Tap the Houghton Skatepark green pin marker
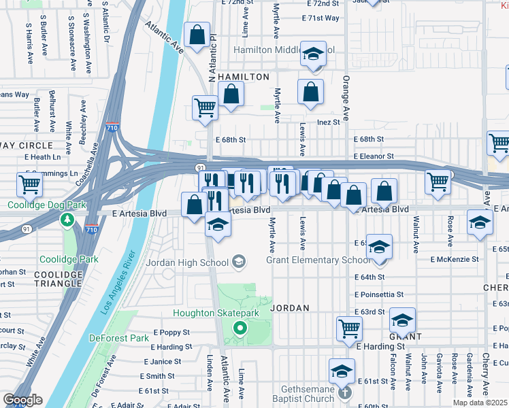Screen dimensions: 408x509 240,329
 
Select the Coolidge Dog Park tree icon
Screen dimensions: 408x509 67,220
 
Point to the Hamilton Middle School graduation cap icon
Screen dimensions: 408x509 313,54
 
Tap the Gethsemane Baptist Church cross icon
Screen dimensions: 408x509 345,392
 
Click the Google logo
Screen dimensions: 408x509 22,400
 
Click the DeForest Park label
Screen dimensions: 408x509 119,338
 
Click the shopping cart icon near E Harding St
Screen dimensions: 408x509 349,328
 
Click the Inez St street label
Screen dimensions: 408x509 328,122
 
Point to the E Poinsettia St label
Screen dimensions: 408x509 379,294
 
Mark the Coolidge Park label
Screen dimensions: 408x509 68,259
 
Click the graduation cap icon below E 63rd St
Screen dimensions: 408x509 402,319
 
